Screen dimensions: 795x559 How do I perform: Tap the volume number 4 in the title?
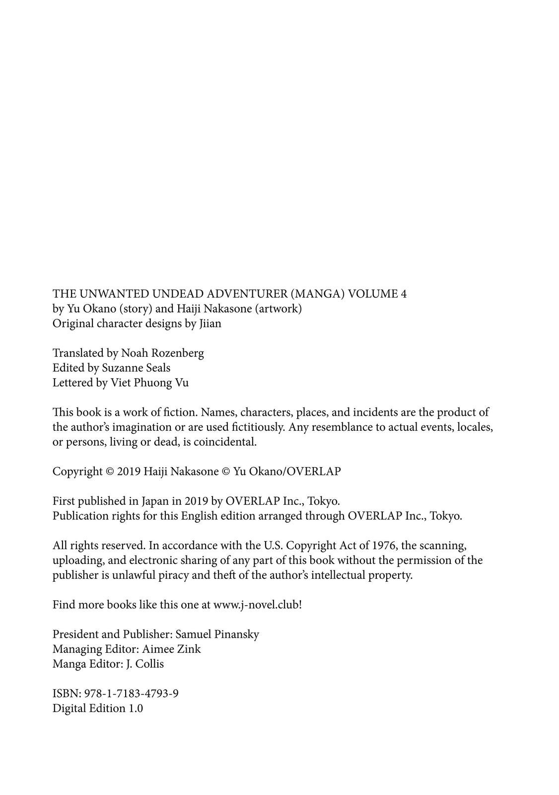click(403, 294)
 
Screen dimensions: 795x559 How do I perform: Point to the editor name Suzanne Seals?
click(136, 368)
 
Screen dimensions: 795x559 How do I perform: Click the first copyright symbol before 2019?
click(110, 472)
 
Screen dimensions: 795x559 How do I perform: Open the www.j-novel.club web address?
click(257, 605)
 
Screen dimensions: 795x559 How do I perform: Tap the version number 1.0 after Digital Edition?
click(136, 709)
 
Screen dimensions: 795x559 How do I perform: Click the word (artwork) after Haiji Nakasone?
click(278, 309)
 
